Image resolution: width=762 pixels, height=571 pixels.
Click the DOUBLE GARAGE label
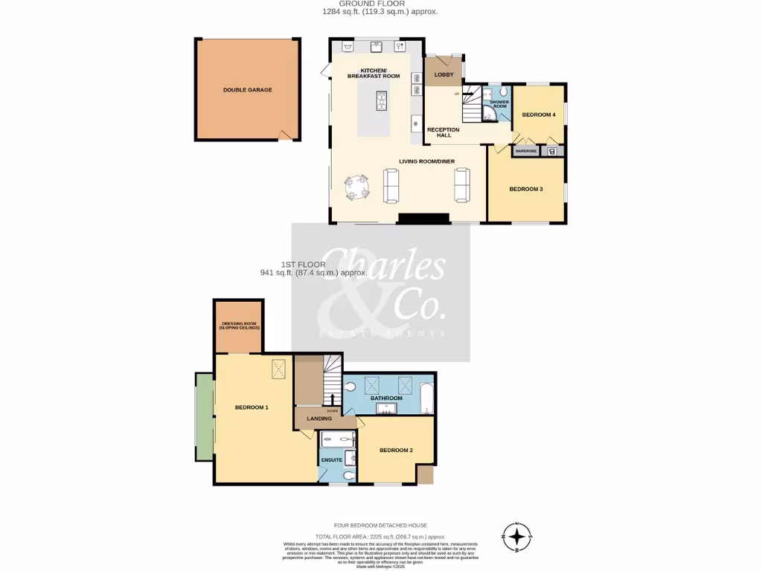pos(247,90)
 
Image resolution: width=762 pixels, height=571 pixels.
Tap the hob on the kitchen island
pos(381,100)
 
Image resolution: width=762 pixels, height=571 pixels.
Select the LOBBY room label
pos(444,74)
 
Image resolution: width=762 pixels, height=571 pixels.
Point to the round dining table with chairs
pos(356,186)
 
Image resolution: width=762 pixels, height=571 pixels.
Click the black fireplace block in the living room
pos(423,218)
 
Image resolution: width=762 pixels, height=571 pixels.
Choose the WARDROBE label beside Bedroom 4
pos(526,151)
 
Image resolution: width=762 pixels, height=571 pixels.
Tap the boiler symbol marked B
pos(551,152)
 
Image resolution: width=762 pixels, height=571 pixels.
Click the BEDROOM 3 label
pos(525,189)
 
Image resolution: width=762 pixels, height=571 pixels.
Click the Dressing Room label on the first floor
pos(239,326)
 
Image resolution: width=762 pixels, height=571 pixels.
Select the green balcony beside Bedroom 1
pos(204,416)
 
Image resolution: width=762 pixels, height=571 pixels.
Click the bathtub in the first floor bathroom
pos(426,398)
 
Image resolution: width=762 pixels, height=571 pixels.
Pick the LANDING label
pos(319,419)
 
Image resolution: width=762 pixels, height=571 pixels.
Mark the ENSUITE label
pos(332,460)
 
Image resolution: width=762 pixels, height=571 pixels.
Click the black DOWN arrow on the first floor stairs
pos(333,401)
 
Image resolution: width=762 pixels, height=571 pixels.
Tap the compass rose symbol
pos(517,535)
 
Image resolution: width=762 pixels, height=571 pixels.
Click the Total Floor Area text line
pos(380,536)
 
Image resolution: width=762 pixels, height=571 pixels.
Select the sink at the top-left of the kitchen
pos(348,46)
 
